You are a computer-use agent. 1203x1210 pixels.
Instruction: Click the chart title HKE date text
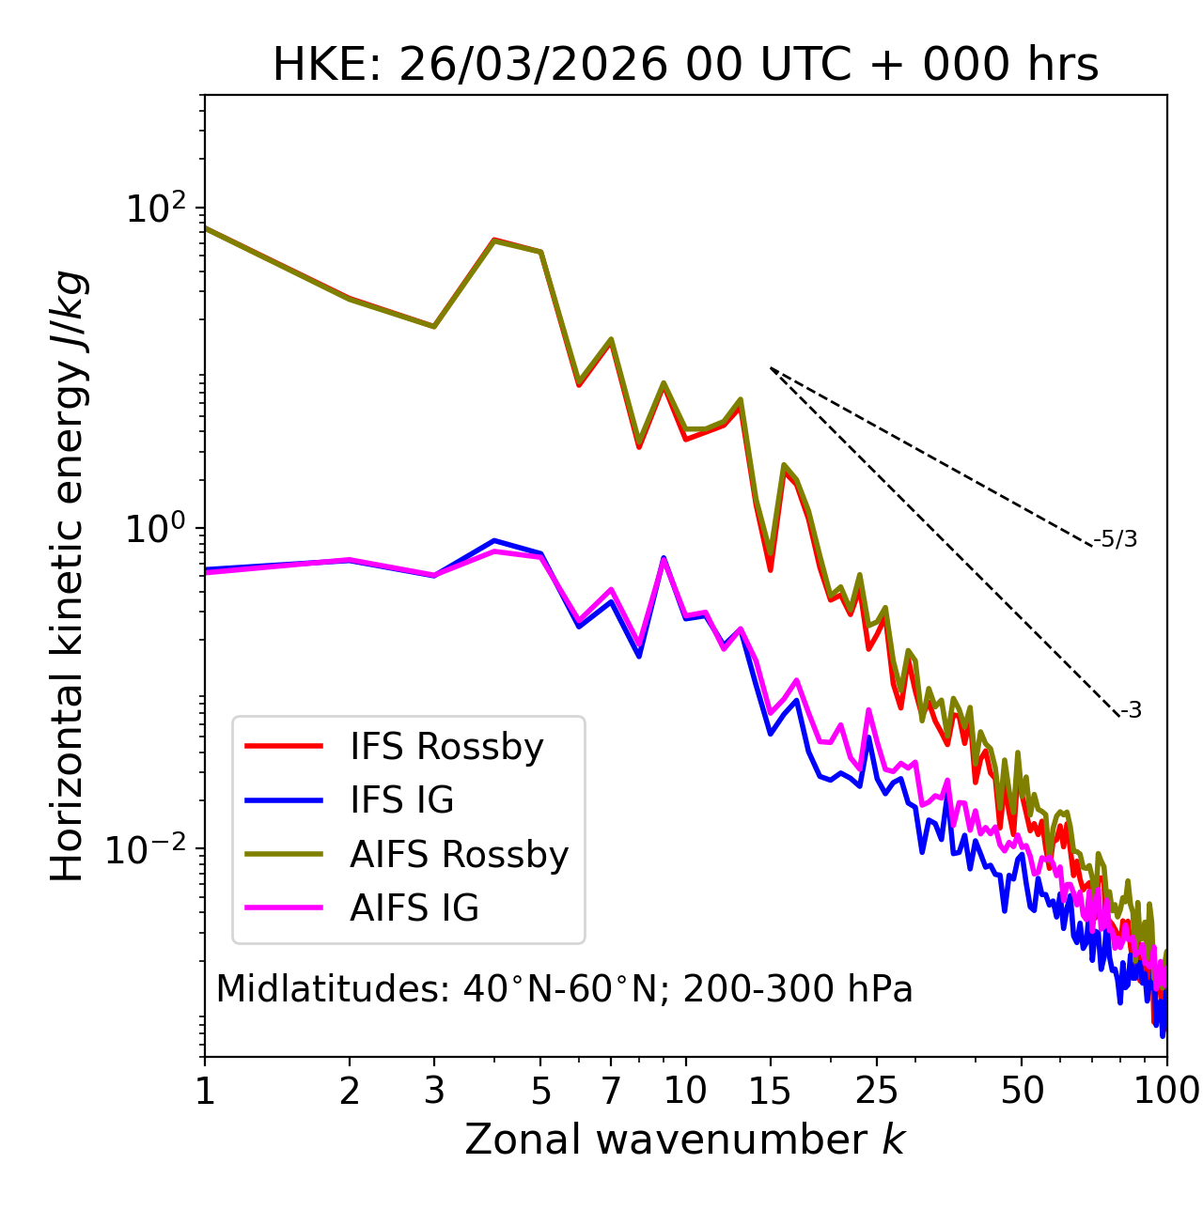(x=685, y=65)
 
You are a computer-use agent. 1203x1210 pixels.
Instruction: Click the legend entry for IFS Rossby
(x=446, y=747)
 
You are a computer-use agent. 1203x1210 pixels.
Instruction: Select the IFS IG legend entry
(x=401, y=800)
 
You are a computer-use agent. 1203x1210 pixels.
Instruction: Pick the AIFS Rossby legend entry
(x=459, y=855)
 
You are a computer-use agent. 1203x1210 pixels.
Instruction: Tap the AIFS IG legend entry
(x=414, y=908)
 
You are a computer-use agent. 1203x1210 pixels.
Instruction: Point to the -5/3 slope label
(x=1116, y=539)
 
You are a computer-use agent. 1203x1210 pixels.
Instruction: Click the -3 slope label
(x=1131, y=711)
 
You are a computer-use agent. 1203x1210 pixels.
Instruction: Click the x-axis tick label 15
(x=770, y=1090)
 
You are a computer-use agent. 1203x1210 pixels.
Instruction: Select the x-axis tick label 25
(x=877, y=1090)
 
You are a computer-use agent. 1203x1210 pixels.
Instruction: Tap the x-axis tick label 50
(x=1022, y=1090)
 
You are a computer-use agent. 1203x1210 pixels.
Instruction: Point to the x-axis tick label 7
(x=611, y=1090)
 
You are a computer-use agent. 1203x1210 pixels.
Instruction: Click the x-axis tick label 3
(x=434, y=1090)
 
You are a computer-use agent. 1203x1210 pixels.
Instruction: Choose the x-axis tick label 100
(x=1165, y=1090)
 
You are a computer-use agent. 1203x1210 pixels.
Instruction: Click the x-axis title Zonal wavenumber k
(x=684, y=1140)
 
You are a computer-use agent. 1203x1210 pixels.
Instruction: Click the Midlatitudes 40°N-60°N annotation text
(x=564, y=989)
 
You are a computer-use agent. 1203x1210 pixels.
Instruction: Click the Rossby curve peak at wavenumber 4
(x=494, y=240)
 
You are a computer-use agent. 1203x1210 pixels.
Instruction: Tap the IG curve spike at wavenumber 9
(x=664, y=558)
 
